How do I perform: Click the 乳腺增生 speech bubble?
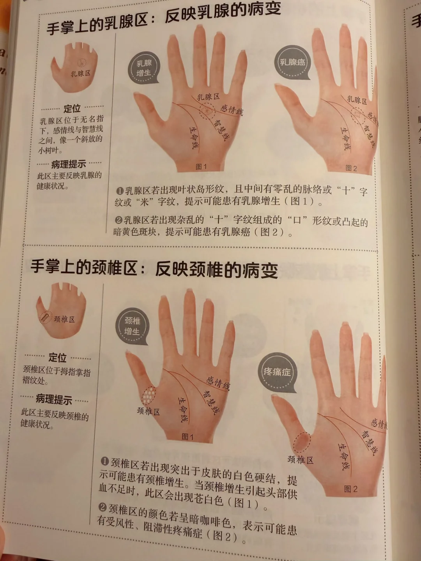[x=144, y=69]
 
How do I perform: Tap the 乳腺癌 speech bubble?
[x=292, y=63]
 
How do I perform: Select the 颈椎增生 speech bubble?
[x=132, y=326]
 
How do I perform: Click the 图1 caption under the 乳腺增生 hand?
[x=201, y=167]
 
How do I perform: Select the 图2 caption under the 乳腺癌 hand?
[x=351, y=168]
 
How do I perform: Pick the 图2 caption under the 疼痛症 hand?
[x=350, y=489]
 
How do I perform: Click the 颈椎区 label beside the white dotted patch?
[x=148, y=411]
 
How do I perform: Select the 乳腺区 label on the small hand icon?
[x=80, y=73]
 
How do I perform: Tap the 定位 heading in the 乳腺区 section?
[x=72, y=109]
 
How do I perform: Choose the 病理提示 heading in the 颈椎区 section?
[x=54, y=399]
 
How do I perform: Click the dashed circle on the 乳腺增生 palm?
[x=205, y=111]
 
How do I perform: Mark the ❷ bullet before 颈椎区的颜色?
[x=103, y=507]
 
